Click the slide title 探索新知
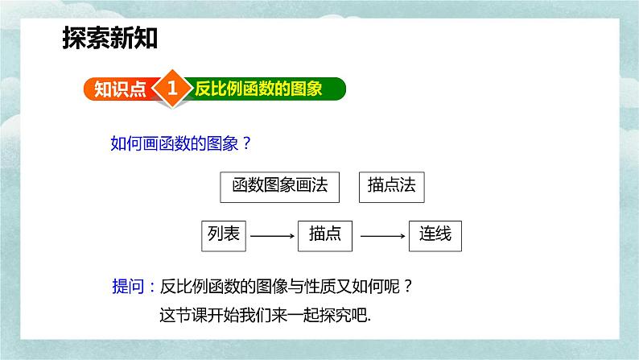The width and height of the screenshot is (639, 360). click(x=109, y=38)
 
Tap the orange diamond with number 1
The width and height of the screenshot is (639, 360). click(x=172, y=88)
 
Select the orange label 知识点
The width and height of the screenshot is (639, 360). click(x=120, y=89)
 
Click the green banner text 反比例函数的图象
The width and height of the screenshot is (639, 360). click(x=258, y=89)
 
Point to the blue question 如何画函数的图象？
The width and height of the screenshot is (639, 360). click(x=181, y=143)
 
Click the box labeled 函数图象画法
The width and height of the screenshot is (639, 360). click(x=279, y=187)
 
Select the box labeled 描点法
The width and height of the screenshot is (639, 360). click(x=392, y=187)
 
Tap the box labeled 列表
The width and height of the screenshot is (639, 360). click(x=224, y=236)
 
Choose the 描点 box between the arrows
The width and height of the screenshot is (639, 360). click(x=325, y=236)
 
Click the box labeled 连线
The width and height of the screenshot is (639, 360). click(x=435, y=236)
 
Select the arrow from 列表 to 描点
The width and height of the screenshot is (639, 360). click(x=272, y=236)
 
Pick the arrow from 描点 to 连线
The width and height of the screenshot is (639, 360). click(x=382, y=236)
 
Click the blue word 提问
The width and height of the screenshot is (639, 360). click(x=128, y=286)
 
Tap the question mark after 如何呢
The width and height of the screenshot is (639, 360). click(x=408, y=287)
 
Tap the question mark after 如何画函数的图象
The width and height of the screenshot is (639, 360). click(x=246, y=143)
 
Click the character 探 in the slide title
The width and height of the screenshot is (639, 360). click(x=74, y=38)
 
